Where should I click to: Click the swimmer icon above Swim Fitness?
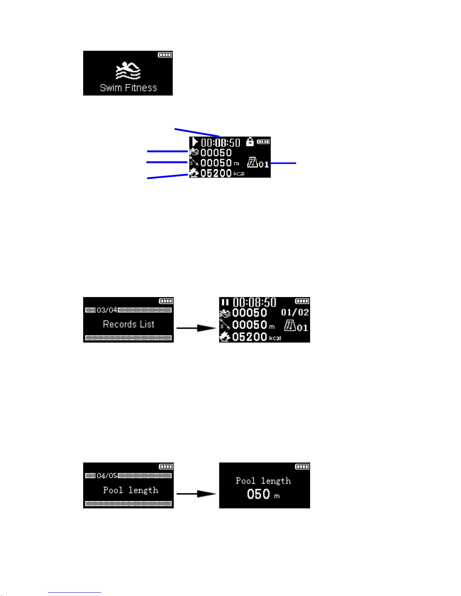(x=128, y=71)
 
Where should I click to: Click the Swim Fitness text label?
(x=128, y=88)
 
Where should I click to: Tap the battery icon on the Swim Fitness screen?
(x=165, y=55)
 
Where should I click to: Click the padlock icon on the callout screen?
(x=250, y=141)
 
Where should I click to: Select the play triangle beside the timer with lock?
(x=195, y=142)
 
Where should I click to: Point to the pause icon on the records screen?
(x=225, y=302)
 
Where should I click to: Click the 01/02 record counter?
(x=295, y=312)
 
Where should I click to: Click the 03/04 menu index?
(x=107, y=310)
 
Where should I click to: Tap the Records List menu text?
(x=128, y=324)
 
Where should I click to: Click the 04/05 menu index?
(x=107, y=476)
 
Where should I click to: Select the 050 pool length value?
(x=258, y=494)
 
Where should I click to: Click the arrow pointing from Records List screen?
(x=196, y=328)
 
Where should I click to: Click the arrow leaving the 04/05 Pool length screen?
(x=196, y=494)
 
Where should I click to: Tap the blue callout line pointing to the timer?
(x=197, y=132)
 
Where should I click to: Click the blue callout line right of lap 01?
(x=283, y=163)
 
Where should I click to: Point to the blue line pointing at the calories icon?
(x=167, y=176)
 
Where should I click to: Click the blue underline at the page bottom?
(x=75, y=593)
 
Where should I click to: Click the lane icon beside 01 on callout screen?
(x=252, y=162)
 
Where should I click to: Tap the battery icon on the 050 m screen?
(x=302, y=467)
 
